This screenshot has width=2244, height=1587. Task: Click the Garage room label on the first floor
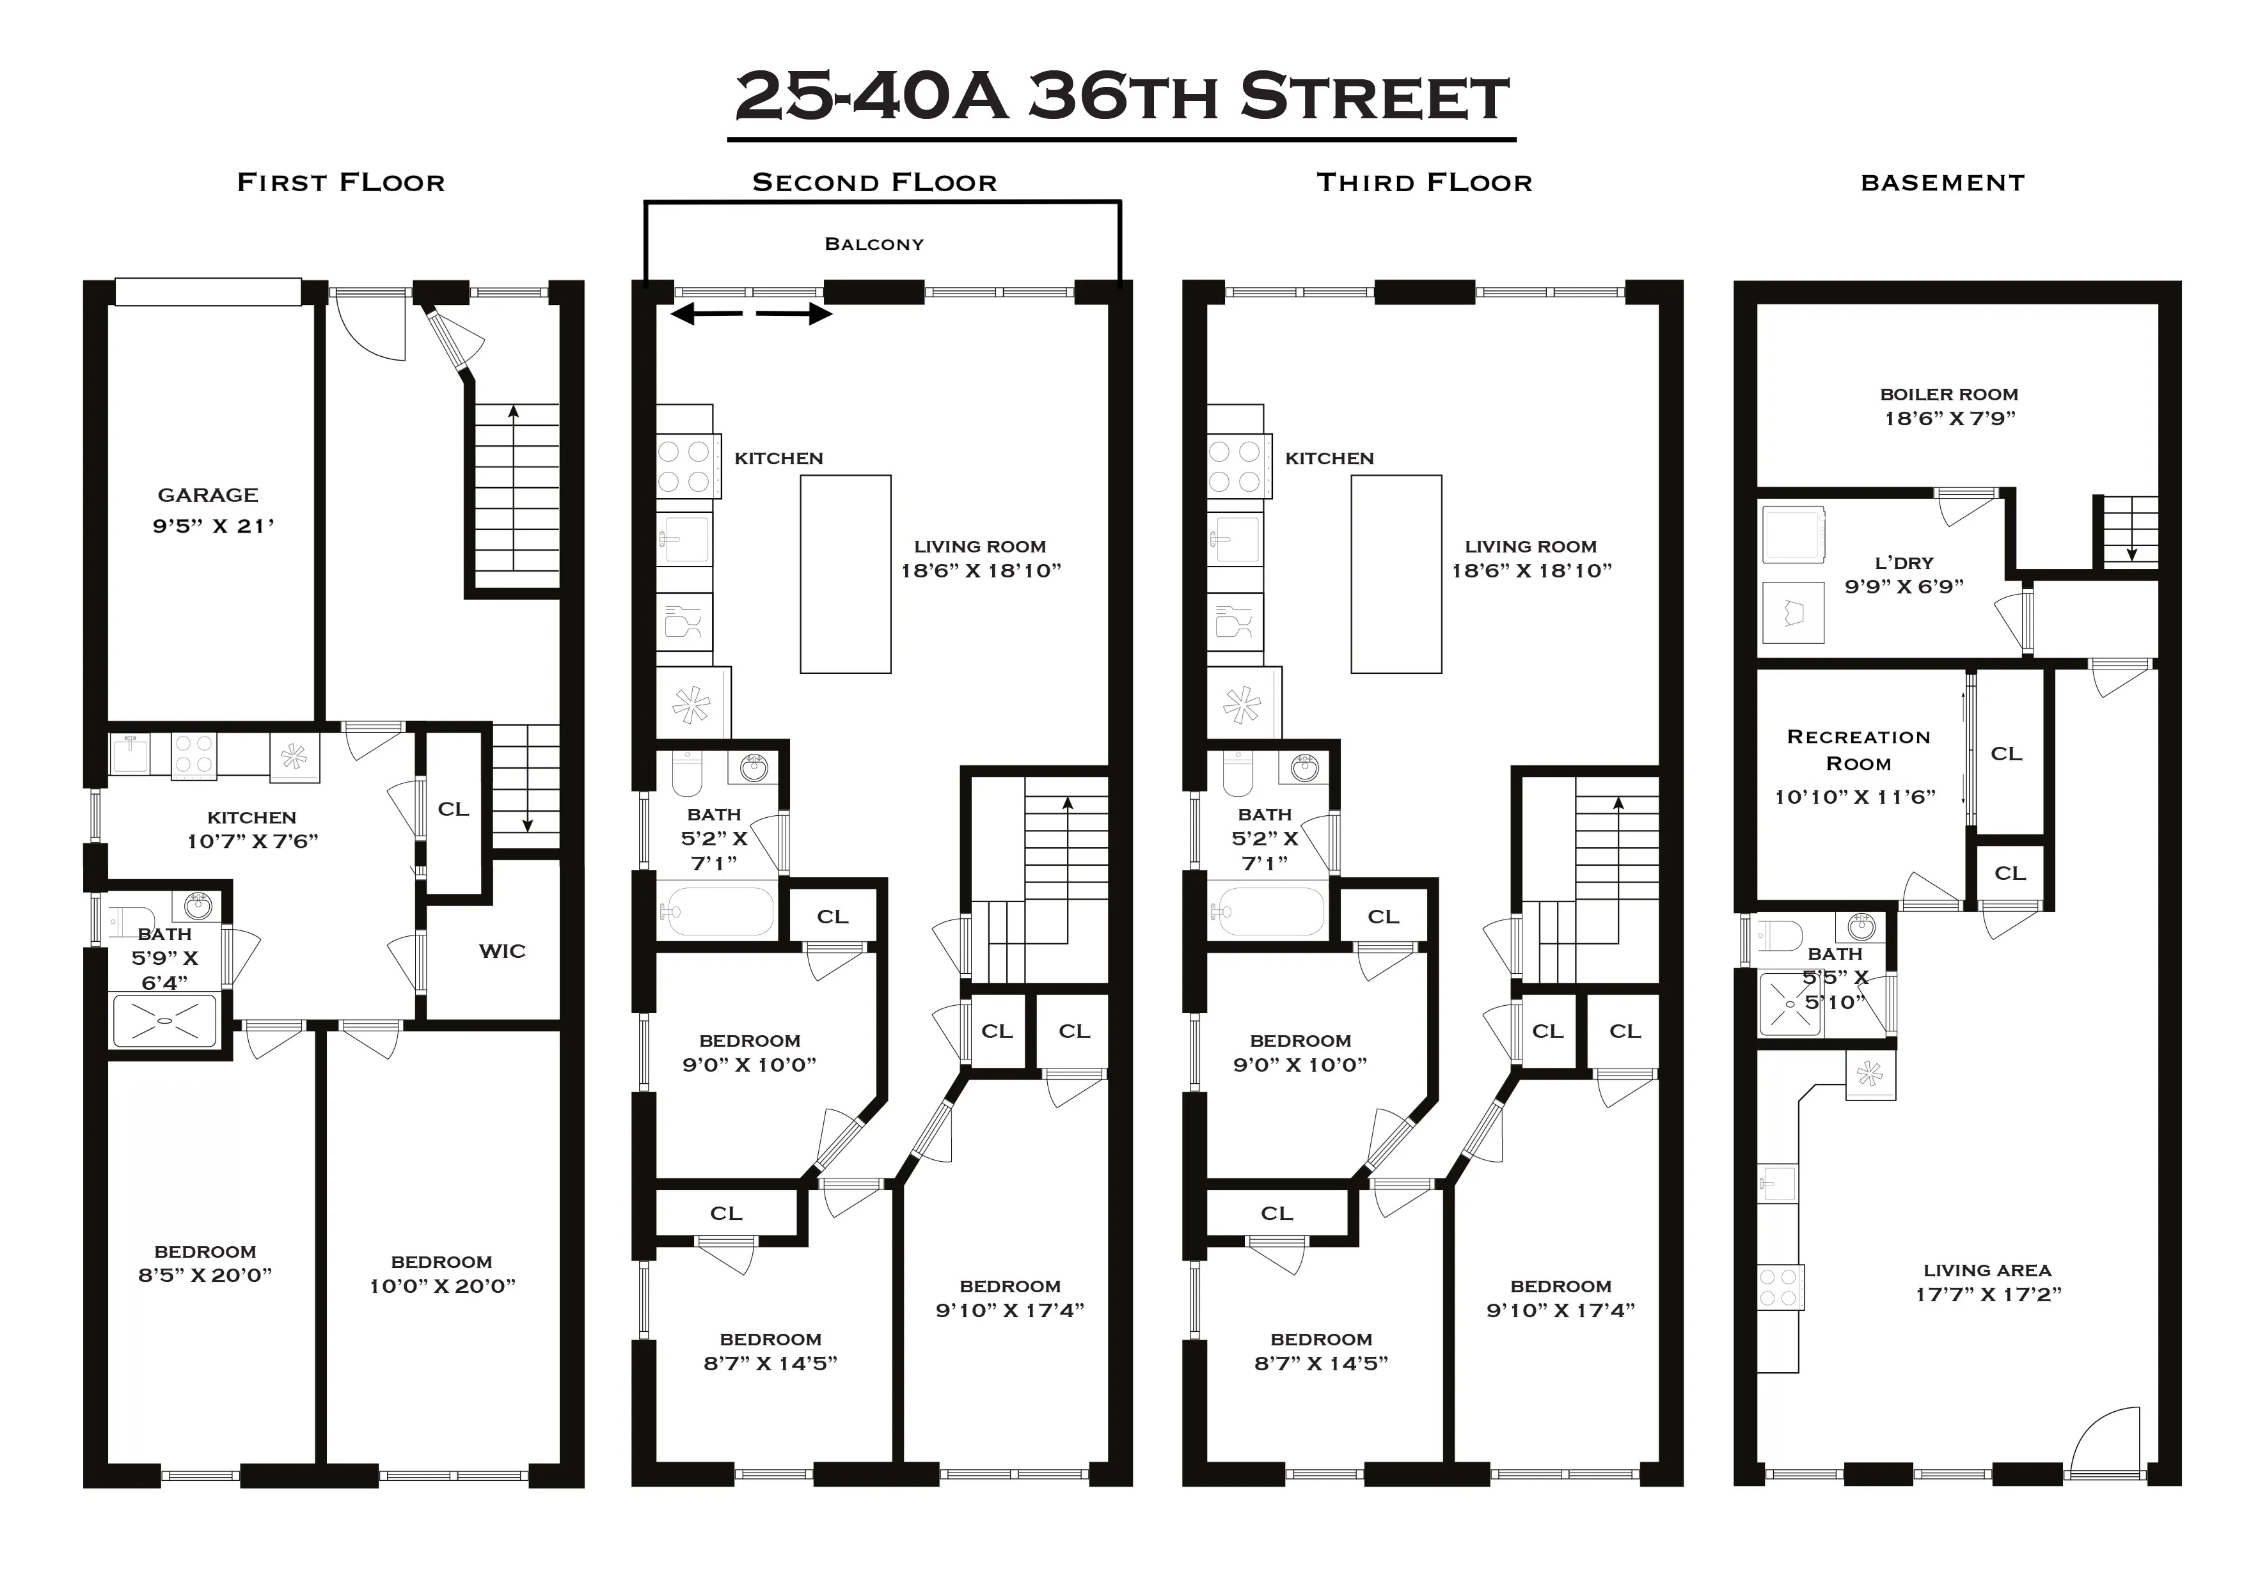pyautogui.click(x=207, y=496)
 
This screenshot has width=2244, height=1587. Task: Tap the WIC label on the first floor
pyautogui.click(x=502, y=951)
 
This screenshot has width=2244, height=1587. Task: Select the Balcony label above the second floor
pyautogui.click(x=874, y=244)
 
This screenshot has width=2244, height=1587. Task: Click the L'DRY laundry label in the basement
pyautogui.click(x=1903, y=563)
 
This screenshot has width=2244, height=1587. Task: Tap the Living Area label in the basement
pyautogui.click(x=1987, y=1270)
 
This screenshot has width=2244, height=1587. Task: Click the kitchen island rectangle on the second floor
pyautogui.click(x=846, y=575)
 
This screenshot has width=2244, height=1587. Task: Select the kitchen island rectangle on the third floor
pyautogui.click(x=1396, y=575)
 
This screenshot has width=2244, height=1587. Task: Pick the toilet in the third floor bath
pyautogui.click(x=1238, y=774)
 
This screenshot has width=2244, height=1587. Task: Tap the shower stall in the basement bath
pyautogui.click(x=1790, y=1004)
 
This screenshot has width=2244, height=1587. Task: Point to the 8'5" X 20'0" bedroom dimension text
pyautogui.click(x=205, y=1275)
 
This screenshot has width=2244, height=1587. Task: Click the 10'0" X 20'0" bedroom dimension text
pyautogui.click(x=442, y=1286)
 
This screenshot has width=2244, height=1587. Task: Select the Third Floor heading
pyautogui.click(x=1424, y=183)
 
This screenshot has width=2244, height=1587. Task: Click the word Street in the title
pyautogui.click(x=1373, y=98)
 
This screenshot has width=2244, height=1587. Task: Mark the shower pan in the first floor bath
pyautogui.click(x=164, y=1020)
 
